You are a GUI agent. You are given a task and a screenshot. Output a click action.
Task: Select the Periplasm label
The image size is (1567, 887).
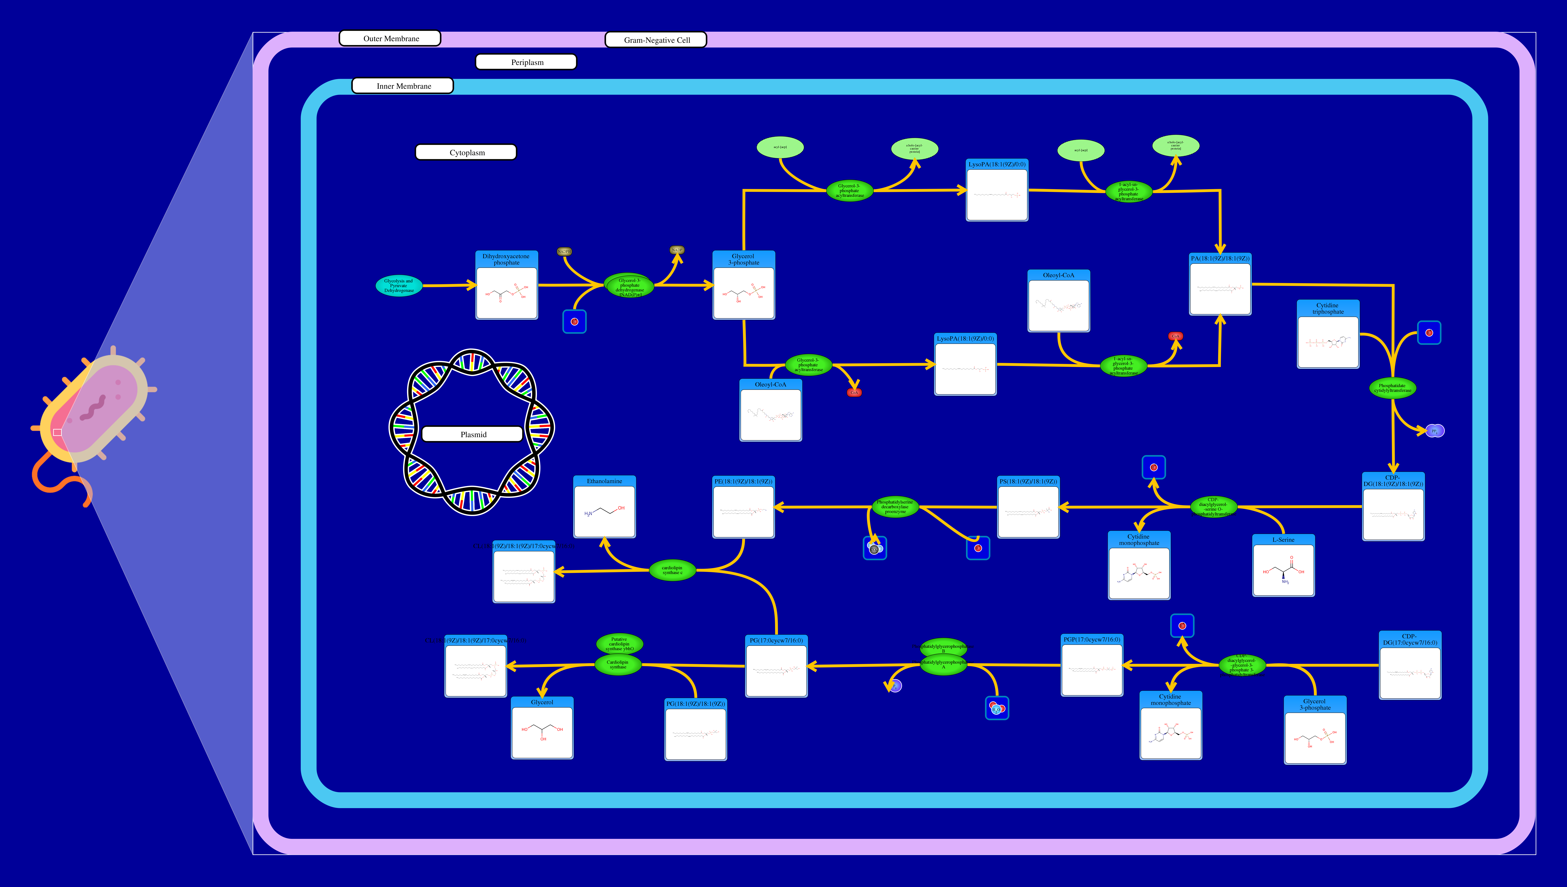[x=526, y=62]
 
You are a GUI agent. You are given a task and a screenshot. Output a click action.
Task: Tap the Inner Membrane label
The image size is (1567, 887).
[x=403, y=86]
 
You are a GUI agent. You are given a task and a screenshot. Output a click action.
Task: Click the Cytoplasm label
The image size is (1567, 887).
[x=466, y=152]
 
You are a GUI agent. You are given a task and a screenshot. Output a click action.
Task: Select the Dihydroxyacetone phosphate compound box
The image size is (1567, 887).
[x=507, y=285]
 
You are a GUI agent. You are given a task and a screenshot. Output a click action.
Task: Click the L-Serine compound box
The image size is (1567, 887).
[x=1283, y=565]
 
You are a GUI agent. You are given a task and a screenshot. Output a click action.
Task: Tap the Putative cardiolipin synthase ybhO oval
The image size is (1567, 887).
[x=619, y=643]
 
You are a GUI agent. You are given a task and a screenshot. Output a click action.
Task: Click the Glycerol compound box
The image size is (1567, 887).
[x=542, y=728]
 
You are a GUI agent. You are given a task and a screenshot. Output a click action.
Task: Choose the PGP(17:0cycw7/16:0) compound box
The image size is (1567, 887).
[x=1092, y=665]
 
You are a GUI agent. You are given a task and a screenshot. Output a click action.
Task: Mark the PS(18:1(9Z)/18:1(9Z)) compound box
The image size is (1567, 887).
[x=1028, y=507]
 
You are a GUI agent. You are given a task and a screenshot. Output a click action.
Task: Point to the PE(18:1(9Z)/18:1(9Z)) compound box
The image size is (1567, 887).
[x=743, y=507]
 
